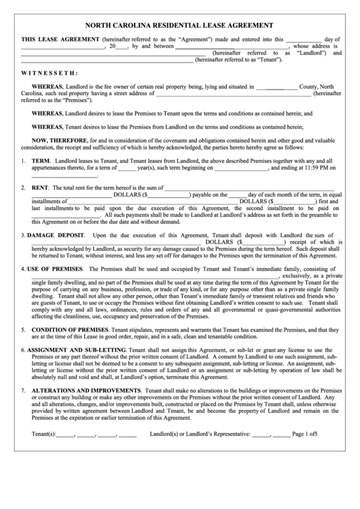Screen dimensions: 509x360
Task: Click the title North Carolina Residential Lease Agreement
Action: point(180,24)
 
